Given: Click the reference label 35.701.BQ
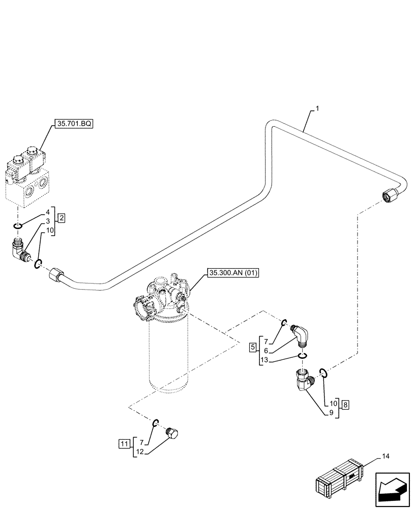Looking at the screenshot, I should (x=73, y=123).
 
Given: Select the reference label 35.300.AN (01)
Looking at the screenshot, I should (x=233, y=274).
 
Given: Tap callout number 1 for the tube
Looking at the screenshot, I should (x=317, y=109).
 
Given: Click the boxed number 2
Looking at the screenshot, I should (x=61, y=218).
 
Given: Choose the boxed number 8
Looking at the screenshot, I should (x=345, y=405).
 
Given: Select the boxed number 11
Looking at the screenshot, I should (x=124, y=444).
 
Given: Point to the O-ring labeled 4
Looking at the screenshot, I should (x=18, y=225).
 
